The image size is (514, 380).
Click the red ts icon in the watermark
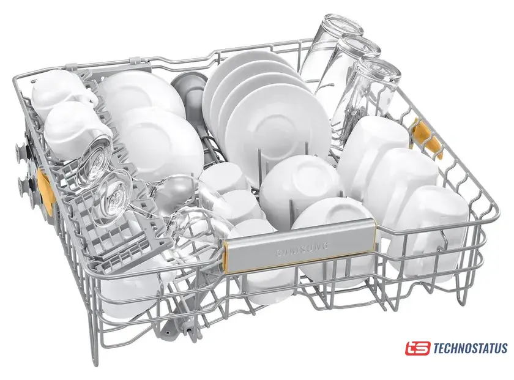(x=417, y=348)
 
